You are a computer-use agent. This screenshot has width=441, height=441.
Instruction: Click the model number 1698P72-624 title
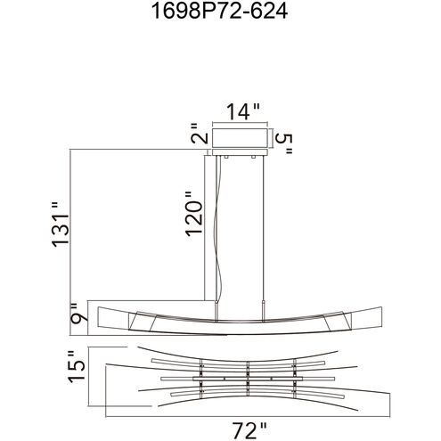click(219, 12)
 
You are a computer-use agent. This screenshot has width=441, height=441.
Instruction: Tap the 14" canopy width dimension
click(243, 112)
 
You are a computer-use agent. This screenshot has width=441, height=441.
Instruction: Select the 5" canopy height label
click(284, 144)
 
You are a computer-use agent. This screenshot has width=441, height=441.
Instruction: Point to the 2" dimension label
click(199, 133)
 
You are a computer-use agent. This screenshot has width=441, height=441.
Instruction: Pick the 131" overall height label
click(61, 225)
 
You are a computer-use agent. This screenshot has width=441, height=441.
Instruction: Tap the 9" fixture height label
click(79, 314)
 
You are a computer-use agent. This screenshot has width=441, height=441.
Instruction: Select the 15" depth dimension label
click(77, 367)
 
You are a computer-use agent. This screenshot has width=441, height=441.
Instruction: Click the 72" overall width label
click(249, 430)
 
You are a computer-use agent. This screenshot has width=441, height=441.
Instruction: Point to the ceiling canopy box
click(241, 138)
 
